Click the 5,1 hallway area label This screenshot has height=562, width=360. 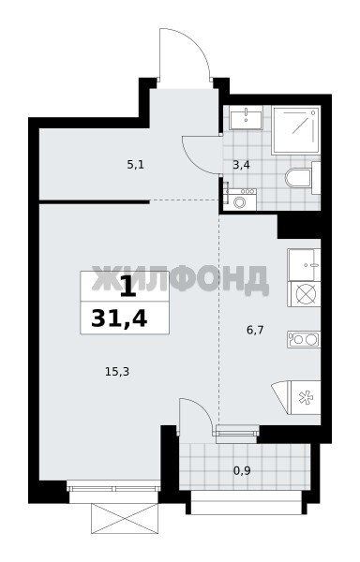pyautogui.click(x=136, y=165)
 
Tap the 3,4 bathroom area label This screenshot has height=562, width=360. pyautogui.click(x=241, y=165)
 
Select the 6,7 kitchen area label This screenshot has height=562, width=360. pyautogui.click(x=255, y=330)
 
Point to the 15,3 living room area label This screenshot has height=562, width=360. pyautogui.click(x=117, y=372)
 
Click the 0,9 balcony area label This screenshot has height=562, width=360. pyautogui.click(x=242, y=470)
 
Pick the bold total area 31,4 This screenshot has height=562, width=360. pyautogui.click(x=119, y=318)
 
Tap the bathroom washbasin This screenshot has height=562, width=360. pyautogui.click(x=246, y=120)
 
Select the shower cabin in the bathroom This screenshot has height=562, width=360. pyautogui.click(x=295, y=130)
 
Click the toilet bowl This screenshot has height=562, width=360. pyautogui.click(x=302, y=178)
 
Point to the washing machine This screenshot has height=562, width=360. pyautogui.click(x=239, y=200)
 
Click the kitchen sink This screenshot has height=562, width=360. pyautogui.click(x=304, y=265)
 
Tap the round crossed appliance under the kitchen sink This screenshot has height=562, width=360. pyautogui.click(x=305, y=294)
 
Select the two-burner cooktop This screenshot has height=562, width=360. pyautogui.click(x=304, y=340)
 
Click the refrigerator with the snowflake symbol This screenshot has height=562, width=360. pyautogui.click(x=304, y=398)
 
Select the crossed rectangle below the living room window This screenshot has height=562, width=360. pyautogui.click(x=125, y=518)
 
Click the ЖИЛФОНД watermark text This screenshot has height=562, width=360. pyautogui.click(x=180, y=279)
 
